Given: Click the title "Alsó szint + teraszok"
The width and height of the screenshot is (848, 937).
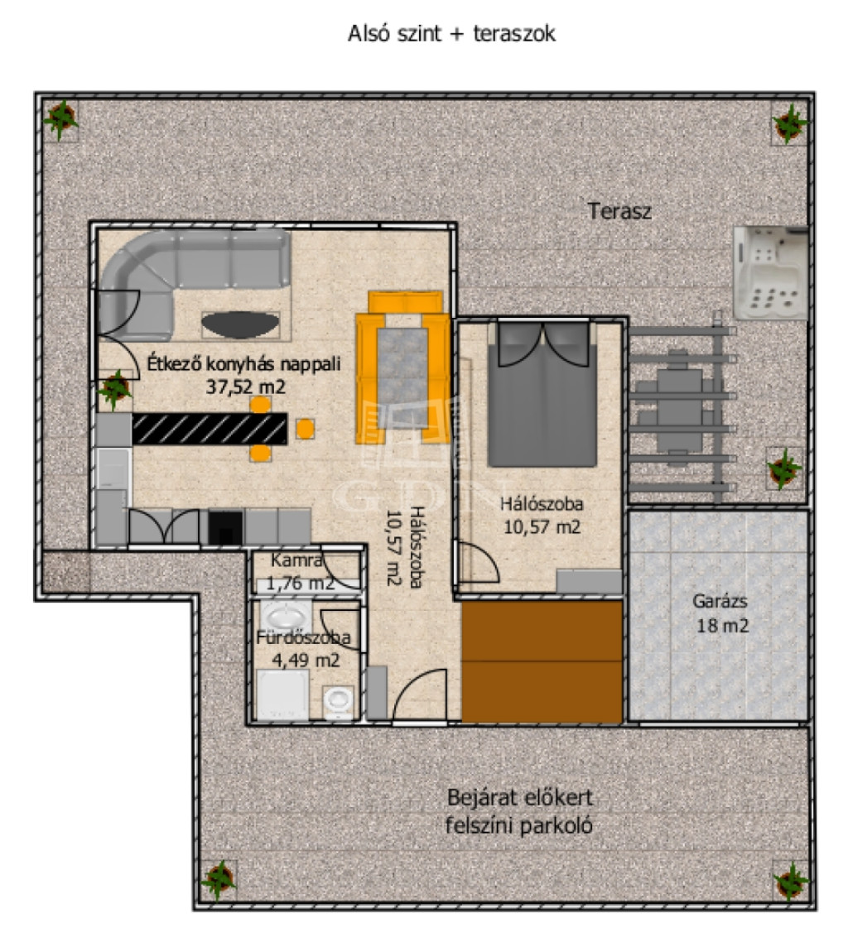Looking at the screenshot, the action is pos(451,34).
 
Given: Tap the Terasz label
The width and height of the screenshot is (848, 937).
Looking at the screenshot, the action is pos(619,211).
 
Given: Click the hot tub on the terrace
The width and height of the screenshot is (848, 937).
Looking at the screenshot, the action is pos(771,272).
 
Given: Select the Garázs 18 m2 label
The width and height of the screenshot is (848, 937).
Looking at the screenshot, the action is pos(721,613).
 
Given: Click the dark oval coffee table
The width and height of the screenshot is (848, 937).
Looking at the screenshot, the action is pos(240,324).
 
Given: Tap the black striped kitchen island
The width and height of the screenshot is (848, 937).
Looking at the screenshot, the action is pos(210,429).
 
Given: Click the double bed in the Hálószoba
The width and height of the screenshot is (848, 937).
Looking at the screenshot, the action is pos(542,394).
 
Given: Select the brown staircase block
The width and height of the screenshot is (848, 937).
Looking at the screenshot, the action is pos(542,661).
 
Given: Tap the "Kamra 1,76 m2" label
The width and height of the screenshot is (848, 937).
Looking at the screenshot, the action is pos(298,571).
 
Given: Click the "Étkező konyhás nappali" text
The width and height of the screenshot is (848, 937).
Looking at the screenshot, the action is pos(244,363).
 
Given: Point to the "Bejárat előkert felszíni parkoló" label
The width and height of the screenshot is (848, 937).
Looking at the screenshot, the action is pos(519,811).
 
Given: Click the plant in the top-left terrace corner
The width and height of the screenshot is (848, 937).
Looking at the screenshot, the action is pos(60,119).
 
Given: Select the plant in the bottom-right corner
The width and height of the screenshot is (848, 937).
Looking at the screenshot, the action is pos(791,881).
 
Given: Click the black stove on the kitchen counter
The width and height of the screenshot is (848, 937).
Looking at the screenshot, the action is pos(225,527).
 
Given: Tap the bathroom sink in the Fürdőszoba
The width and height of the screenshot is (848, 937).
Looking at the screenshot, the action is pos(286,616).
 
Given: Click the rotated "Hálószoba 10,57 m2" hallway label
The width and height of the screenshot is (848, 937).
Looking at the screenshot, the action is pos(405,547).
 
